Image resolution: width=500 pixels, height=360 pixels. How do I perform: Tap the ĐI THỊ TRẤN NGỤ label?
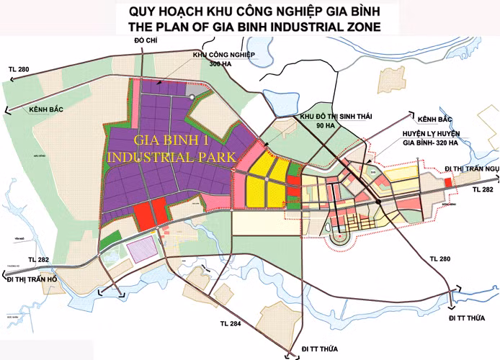(x=472, y=168)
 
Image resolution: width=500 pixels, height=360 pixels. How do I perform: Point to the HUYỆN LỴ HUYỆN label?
(x=433, y=132)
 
